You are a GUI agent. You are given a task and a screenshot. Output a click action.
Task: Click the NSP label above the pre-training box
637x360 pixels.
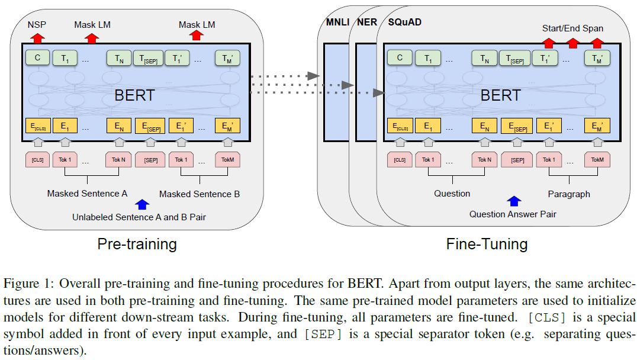37,25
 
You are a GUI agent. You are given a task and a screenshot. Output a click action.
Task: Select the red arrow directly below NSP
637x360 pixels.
37,38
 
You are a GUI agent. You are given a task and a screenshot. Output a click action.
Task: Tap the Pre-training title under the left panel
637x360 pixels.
137,244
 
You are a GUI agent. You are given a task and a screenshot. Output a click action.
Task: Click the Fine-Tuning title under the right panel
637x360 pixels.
487,244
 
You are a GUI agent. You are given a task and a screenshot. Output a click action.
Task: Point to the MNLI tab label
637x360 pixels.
337,22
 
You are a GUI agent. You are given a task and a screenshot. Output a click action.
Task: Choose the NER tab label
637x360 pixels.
367,22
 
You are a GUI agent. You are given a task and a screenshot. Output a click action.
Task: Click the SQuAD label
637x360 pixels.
404,22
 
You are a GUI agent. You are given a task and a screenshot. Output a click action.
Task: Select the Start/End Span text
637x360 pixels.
572,28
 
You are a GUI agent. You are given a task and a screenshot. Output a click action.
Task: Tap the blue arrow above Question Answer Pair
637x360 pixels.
513,202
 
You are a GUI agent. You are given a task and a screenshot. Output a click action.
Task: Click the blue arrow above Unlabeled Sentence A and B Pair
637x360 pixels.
142,205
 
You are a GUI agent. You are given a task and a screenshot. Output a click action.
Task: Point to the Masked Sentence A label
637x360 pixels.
87,194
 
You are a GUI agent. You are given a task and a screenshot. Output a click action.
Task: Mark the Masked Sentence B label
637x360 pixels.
200,194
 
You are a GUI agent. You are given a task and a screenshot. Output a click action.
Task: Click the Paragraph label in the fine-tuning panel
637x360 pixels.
568,194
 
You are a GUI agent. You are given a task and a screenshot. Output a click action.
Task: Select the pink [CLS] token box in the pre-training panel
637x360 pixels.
37,160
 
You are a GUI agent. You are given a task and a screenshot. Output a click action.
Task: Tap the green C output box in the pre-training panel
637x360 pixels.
37,57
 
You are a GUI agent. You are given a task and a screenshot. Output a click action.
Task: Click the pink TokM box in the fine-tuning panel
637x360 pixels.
597,160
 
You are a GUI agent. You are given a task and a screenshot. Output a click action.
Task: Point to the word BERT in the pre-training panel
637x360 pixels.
136,95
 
